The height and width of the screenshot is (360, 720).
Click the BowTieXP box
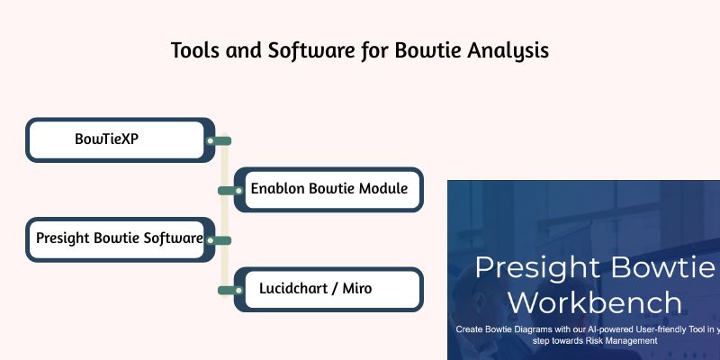(117, 139)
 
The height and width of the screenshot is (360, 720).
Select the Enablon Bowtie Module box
(329, 189)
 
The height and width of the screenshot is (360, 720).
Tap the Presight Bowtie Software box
(117, 239)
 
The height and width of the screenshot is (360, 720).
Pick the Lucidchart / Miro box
(329, 289)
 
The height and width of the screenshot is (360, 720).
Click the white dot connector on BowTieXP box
(210, 140)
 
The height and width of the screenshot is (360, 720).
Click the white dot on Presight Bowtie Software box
(210, 240)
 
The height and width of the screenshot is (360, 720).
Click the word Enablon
(278, 189)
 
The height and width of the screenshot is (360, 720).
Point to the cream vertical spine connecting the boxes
(224, 216)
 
